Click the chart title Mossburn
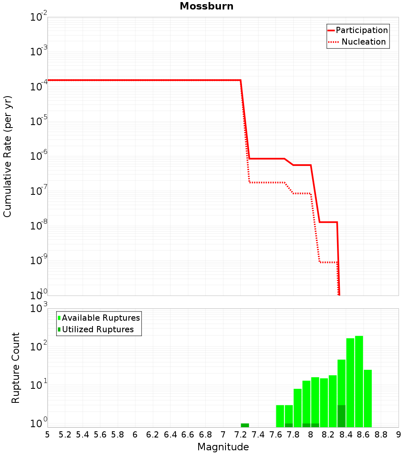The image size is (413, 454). (206, 6)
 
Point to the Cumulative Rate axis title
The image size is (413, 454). (8, 156)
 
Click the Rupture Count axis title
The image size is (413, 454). (16, 367)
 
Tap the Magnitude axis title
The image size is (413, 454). (223, 447)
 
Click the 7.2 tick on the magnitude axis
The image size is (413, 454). (240, 434)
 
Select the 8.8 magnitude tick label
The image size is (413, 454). (381, 434)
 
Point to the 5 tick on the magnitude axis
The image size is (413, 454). (47, 434)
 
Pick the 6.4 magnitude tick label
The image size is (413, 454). (170, 434)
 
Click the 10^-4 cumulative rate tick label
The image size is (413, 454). (38, 87)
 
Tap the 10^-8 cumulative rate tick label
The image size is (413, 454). (38, 226)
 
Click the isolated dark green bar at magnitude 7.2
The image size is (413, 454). (245, 425)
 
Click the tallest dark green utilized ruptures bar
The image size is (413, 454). (342, 416)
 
